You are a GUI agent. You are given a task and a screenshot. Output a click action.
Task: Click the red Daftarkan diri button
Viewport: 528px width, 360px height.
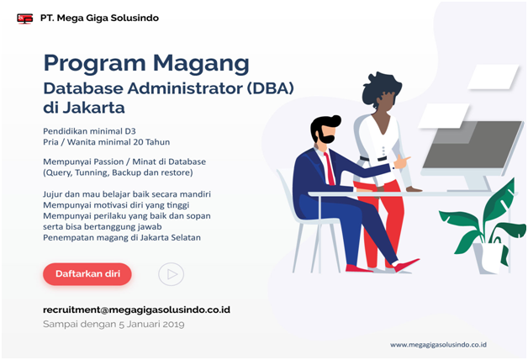pos(87,274)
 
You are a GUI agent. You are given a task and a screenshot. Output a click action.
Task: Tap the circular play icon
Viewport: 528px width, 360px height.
pos(171,274)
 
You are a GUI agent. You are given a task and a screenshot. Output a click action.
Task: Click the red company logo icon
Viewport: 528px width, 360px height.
pos(25,19)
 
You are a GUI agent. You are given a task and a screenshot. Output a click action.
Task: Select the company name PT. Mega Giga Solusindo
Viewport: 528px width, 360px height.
pos(99,18)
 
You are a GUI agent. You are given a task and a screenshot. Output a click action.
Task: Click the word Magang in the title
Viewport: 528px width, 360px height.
pos(201,64)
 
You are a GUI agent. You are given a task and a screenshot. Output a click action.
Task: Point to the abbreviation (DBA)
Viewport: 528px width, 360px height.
pos(271,88)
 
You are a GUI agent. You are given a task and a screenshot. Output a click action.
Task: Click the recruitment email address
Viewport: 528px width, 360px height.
pos(136,310)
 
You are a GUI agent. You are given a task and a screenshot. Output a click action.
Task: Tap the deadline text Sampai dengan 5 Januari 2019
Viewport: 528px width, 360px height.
pos(114,325)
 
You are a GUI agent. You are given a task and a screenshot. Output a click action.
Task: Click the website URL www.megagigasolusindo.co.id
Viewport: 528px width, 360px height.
pos(438,345)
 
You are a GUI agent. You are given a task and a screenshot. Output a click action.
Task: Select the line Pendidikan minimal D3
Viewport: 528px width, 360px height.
pos(89,131)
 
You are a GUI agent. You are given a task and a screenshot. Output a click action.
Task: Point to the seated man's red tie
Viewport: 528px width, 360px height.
pos(330,168)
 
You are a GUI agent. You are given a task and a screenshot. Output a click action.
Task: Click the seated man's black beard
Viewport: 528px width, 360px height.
pos(325,136)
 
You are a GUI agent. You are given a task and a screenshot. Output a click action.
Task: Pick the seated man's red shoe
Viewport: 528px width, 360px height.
pos(406,265)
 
